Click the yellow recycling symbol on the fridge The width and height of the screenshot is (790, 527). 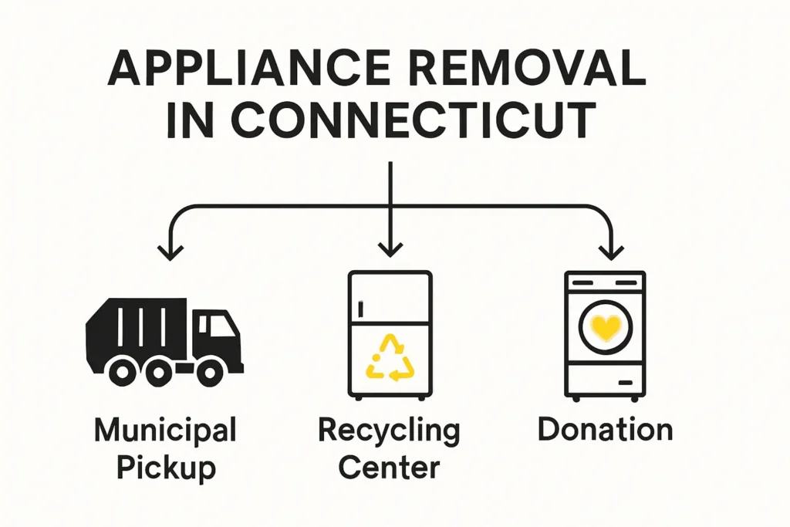390,357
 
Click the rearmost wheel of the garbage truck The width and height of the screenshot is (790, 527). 123,372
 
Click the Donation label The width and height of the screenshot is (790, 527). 605,430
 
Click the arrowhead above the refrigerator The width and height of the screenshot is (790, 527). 390,249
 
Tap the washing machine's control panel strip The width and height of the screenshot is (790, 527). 605,283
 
